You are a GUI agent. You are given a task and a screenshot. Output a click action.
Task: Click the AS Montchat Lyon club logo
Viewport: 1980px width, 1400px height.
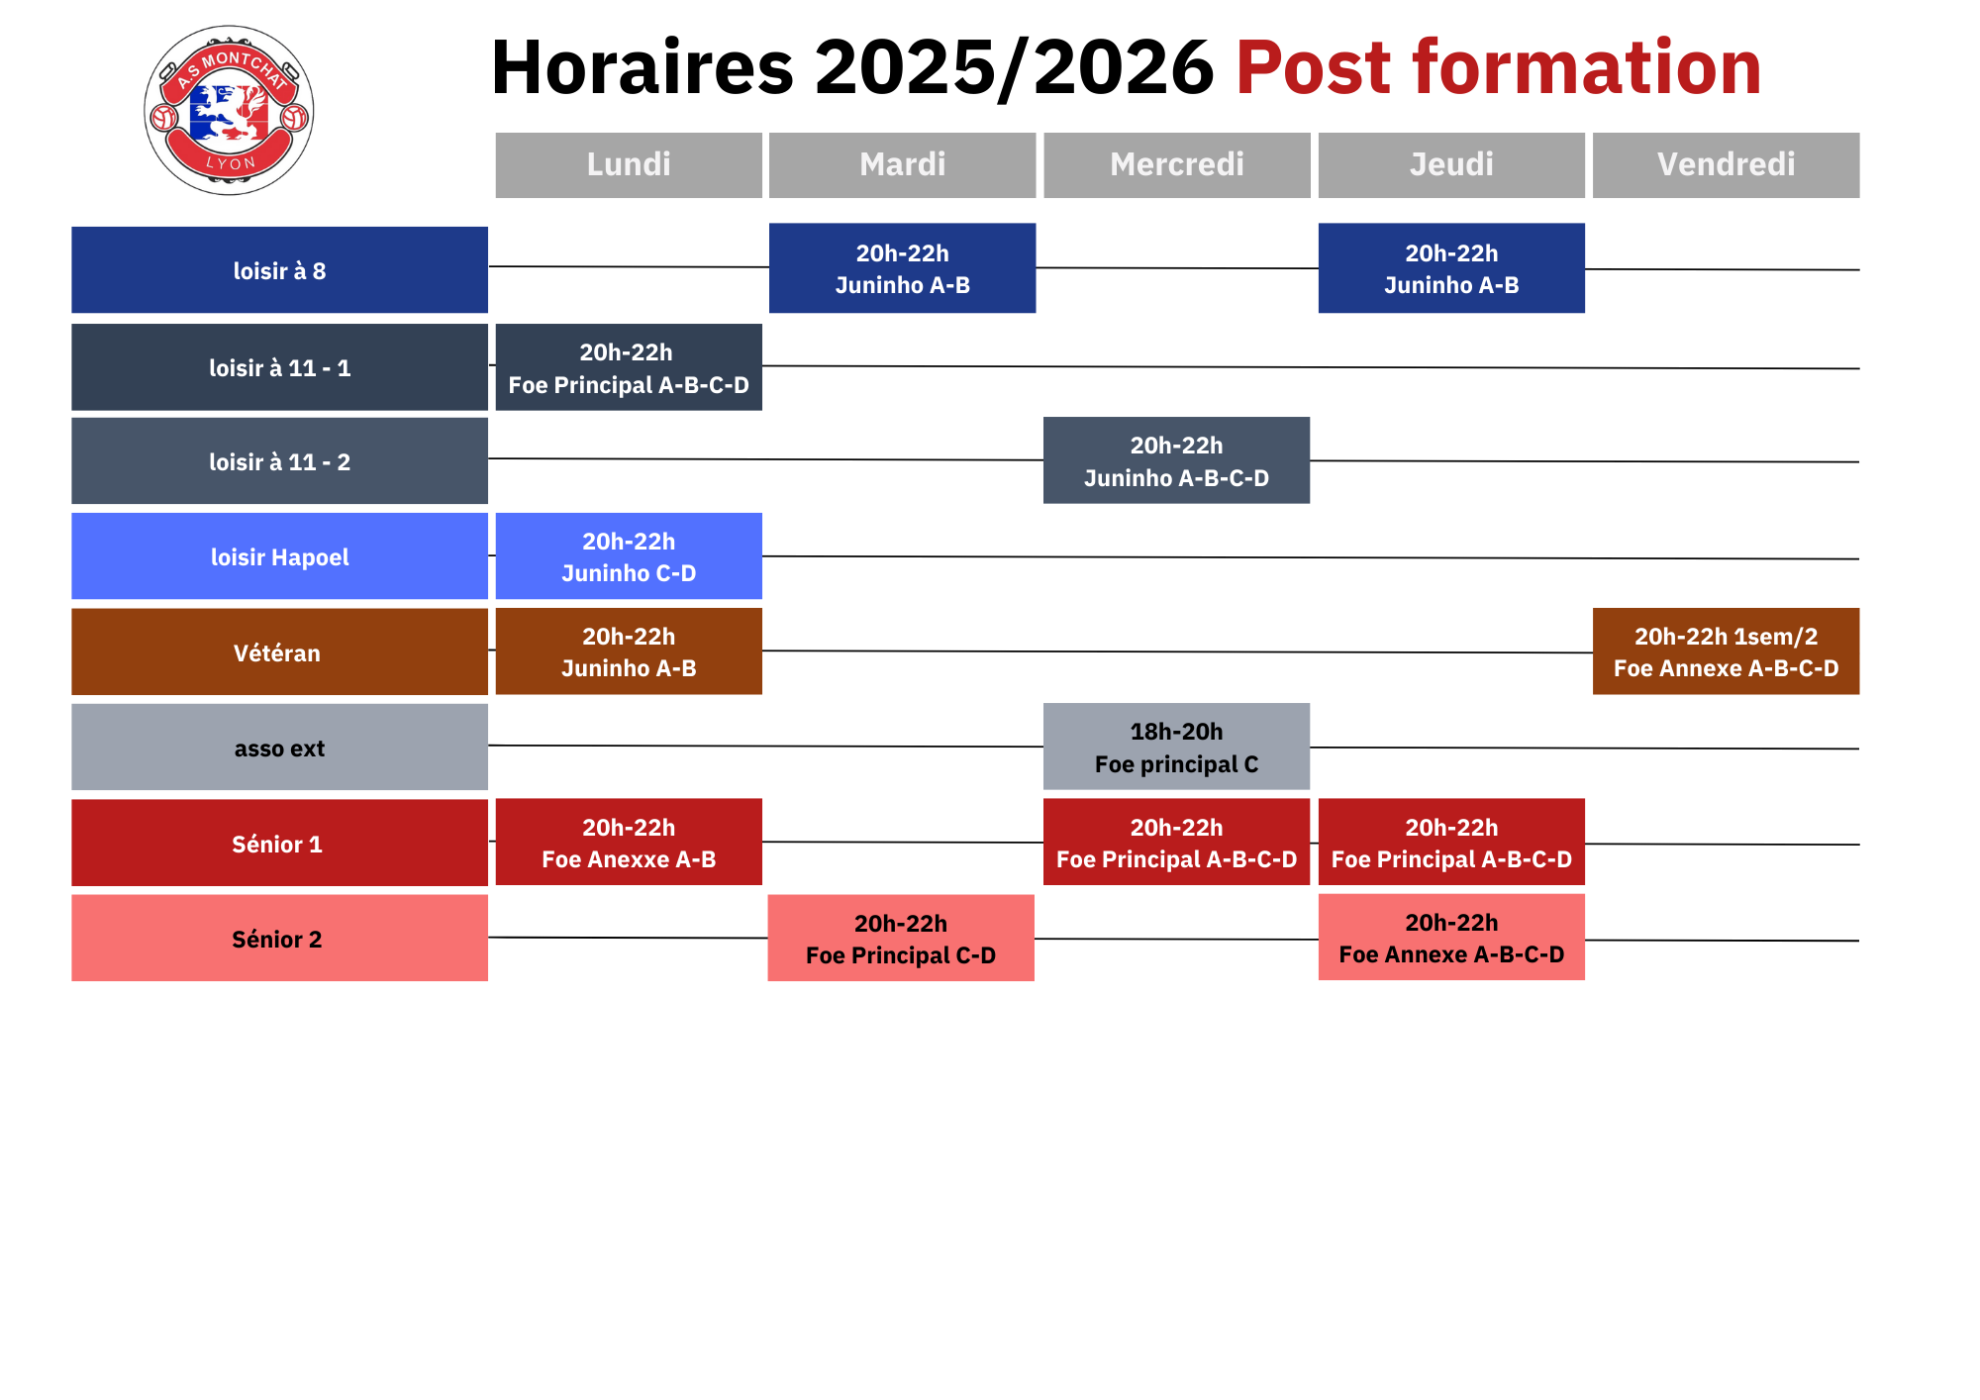(229, 110)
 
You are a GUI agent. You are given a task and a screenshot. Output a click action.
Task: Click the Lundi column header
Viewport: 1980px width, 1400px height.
(629, 164)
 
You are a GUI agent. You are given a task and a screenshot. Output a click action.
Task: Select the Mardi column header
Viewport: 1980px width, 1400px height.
(903, 164)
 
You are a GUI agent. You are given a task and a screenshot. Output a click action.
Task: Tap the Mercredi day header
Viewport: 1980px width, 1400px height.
(1177, 164)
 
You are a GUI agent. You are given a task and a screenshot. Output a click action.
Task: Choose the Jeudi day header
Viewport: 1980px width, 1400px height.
(1451, 164)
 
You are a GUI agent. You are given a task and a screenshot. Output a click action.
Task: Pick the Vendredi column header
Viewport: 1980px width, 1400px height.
(1727, 164)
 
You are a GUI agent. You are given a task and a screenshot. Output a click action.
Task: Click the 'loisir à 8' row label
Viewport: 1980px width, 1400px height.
(279, 270)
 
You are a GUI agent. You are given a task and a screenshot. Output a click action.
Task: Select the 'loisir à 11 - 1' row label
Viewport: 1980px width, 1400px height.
(279, 367)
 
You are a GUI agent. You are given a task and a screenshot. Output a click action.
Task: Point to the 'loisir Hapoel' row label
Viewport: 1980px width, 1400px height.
(279, 556)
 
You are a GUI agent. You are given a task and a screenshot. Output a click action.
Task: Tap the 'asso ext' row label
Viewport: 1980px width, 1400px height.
(279, 748)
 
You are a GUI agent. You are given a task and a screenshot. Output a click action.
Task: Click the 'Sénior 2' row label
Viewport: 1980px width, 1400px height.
(279, 939)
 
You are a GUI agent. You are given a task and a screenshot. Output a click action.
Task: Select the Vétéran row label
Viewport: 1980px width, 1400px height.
(279, 651)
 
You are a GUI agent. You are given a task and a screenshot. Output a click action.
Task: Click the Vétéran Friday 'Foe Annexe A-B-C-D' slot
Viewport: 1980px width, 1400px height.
(1727, 651)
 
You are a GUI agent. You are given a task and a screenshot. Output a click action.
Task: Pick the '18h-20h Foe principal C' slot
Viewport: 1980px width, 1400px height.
(1177, 747)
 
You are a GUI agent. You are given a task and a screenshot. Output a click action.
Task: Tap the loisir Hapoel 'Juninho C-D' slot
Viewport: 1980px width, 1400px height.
(629, 556)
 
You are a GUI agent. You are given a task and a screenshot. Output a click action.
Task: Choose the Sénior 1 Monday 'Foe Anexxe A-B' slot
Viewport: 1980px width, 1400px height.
(629, 842)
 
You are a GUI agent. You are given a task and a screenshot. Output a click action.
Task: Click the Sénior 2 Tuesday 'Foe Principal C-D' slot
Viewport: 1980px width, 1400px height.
(901, 939)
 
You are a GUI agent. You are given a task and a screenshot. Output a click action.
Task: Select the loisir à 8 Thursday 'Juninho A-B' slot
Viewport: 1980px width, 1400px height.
(1451, 268)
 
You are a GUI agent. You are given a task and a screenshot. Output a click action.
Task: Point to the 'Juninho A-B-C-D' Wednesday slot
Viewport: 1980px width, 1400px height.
(1177, 460)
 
